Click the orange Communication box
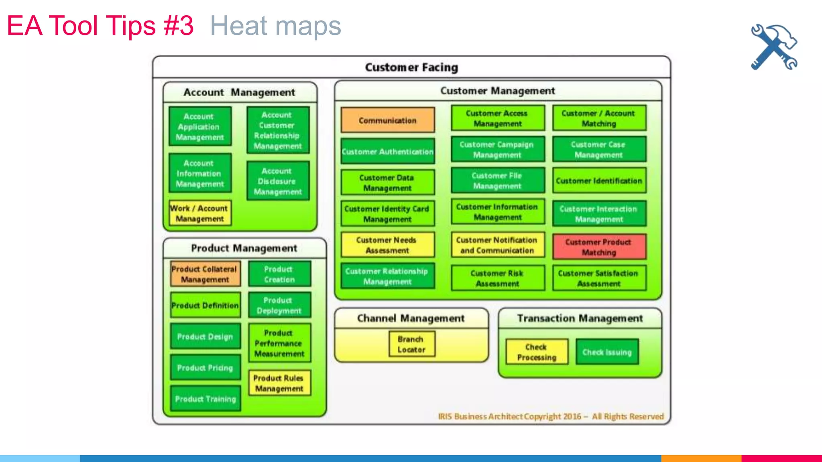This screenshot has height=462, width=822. [x=387, y=120]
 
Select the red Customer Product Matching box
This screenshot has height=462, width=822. [x=599, y=247]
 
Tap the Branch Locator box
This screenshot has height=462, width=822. [x=411, y=344]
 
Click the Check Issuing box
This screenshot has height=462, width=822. [x=607, y=352]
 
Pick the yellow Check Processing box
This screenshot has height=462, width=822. [x=537, y=352]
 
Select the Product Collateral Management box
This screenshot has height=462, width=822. [x=205, y=274]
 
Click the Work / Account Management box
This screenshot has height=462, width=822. [x=199, y=213]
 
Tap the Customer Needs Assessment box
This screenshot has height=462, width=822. [x=387, y=245]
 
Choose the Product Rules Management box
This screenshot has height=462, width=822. [x=279, y=383]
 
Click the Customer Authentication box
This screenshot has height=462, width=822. [x=387, y=152]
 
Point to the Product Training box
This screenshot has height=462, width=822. [x=205, y=399]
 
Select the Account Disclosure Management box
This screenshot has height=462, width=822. [x=278, y=181]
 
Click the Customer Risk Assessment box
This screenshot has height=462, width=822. [x=497, y=278]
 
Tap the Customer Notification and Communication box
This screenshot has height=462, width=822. [x=497, y=245]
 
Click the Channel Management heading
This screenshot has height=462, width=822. [x=411, y=318]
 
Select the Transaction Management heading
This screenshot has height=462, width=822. [x=580, y=318]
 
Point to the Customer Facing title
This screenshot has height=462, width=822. [x=411, y=67]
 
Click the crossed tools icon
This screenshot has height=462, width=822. [x=774, y=47]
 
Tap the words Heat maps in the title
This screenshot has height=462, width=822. [x=275, y=26]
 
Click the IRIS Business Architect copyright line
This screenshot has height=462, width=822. [x=550, y=416]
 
